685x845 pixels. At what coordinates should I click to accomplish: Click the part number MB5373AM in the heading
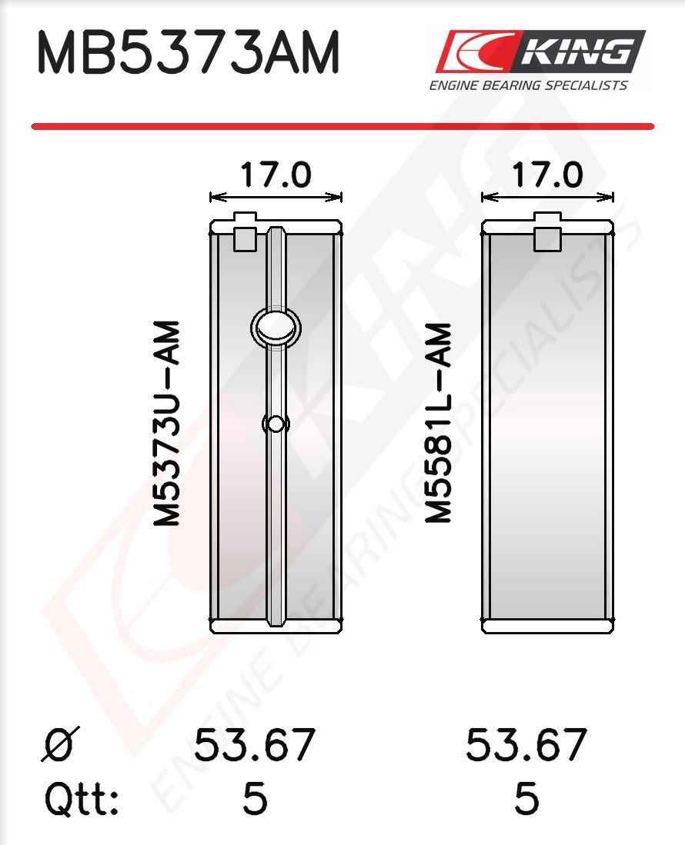pos(188,52)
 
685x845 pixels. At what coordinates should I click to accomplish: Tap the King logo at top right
pos(540,52)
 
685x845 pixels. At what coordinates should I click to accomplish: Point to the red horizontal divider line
pos(342,127)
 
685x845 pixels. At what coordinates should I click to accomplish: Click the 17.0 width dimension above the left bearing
pos(276,175)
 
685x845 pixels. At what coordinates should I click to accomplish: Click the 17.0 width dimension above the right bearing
pos(547,175)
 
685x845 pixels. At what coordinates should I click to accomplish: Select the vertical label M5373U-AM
pos(166,423)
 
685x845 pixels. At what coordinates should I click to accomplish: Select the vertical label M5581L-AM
pos(438,423)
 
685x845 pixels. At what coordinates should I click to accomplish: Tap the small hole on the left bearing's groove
pos(276,424)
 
